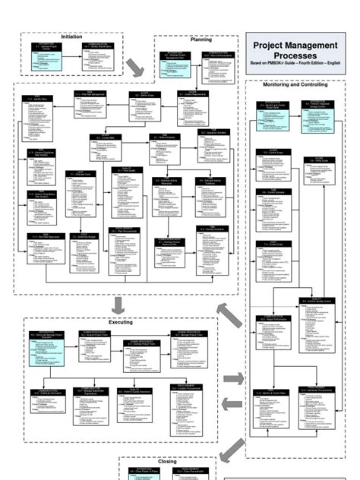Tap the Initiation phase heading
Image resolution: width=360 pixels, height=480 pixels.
point(72,36)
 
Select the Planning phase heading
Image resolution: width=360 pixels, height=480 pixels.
point(201,39)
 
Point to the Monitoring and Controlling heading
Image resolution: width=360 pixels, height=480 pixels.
point(295,84)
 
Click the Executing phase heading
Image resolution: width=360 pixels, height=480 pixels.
point(121,322)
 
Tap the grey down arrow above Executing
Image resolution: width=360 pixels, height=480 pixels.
point(117,305)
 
